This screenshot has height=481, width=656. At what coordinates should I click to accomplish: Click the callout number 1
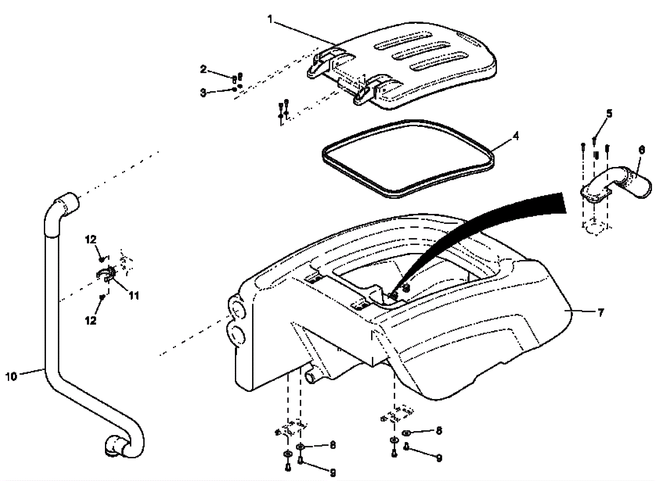point(270,19)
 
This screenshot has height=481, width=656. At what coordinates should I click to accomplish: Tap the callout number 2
point(203,69)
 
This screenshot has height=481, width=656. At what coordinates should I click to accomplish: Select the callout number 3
point(203,93)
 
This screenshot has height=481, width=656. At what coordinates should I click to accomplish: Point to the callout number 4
point(516,136)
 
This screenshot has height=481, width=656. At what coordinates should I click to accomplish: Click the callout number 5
point(609,113)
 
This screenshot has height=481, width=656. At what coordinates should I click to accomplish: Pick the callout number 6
point(642,150)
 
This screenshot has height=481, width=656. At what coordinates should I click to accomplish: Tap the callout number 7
point(601,313)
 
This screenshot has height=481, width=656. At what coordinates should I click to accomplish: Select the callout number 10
point(11,376)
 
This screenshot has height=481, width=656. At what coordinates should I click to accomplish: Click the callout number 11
point(134,295)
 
